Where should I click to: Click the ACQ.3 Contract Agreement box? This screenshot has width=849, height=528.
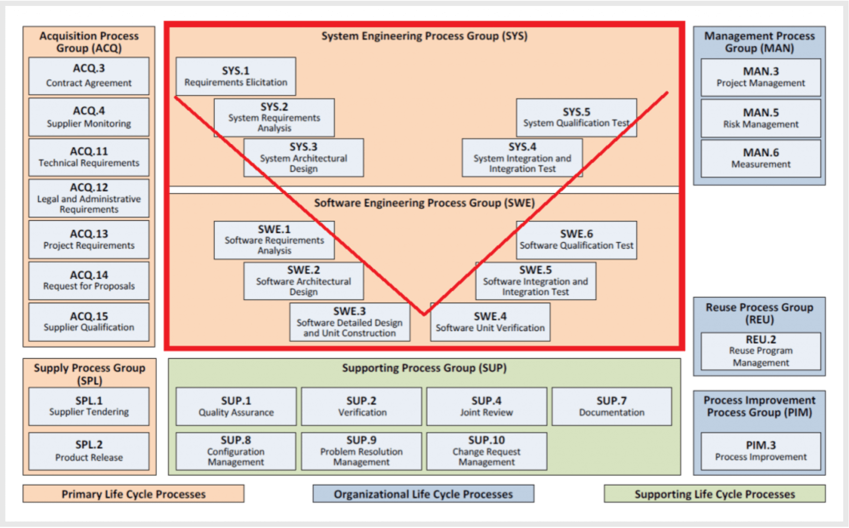(x=89, y=76)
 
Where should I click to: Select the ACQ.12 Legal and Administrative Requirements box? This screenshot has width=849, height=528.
(x=89, y=198)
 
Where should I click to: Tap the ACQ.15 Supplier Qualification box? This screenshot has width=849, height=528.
(x=89, y=321)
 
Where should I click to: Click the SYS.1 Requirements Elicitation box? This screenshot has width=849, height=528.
(x=235, y=76)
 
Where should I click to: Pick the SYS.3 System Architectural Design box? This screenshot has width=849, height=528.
(x=303, y=157)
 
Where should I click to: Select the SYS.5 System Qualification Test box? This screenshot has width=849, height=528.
(x=576, y=117)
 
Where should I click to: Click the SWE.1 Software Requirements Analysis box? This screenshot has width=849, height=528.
(x=274, y=240)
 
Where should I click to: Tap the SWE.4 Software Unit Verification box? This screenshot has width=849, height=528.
(x=490, y=322)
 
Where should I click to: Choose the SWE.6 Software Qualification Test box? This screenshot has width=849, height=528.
(x=576, y=240)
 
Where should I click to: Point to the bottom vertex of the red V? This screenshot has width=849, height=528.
(x=424, y=314)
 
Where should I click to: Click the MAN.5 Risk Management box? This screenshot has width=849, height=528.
(x=761, y=118)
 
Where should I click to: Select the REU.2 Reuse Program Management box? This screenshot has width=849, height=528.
(x=761, y=351)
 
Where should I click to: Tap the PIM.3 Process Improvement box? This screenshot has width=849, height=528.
(x=761, y=451)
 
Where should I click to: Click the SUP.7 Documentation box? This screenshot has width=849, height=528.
(x=612, y=406)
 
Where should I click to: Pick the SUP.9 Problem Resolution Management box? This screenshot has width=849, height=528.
(x=361, y=451)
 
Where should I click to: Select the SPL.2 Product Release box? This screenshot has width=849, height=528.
(x=89, y=451)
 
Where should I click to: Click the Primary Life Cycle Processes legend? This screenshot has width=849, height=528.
(x=133, y=494)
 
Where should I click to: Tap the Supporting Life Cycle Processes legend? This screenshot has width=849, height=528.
(x=715, y=494)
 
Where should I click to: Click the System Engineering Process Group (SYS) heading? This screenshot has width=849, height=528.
(x=424, y=36)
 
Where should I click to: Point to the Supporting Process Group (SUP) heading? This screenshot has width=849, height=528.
(x=424, y=368)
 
